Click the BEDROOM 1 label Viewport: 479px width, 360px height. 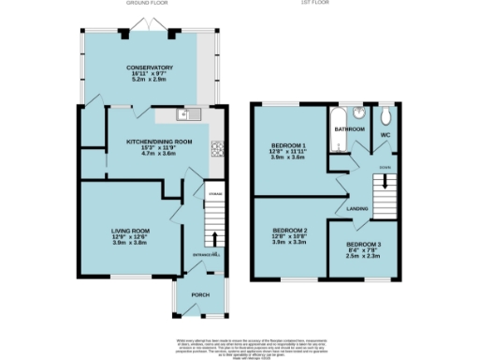pyautogui.click(x=289, y=145)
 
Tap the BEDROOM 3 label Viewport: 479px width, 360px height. pyautogui.click(x=364, y=244)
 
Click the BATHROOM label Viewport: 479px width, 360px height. pyautogui.click(x=350, y=128)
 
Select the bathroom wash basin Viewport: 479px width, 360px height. pyautogui.click(x=356, y=114)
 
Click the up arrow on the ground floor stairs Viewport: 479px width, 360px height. pyautogui.click(x=214, y=238)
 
